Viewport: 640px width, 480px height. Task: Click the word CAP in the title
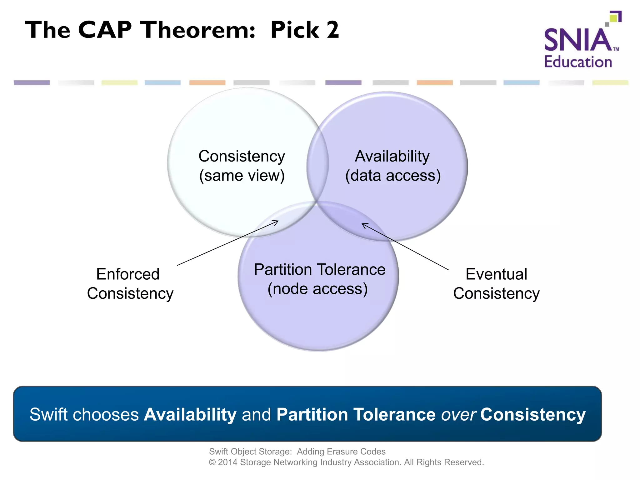coord(105,30)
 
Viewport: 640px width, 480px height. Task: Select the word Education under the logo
coord(578,62)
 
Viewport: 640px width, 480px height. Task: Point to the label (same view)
coord(242,175)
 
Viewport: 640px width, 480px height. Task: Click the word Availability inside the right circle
coord(392,156)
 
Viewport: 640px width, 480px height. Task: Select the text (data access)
coord(393,175)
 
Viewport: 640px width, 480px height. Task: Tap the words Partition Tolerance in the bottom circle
coord(319,269)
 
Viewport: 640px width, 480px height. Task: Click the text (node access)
coord(317,289)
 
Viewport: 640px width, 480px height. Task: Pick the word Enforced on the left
coord(128,274)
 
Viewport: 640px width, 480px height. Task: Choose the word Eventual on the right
coord(496,274)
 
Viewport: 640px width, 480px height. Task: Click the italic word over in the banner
coord(458,415)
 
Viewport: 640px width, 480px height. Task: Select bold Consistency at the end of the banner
coord(533,415)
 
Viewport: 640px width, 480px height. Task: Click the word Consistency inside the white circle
coord(242,156)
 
